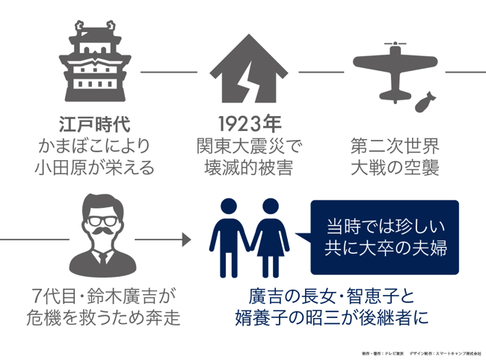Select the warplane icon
[x=393, y=66]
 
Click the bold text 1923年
[x=247, y=123]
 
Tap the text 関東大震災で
[x=247, y=144]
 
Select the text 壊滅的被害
[x=247, y=166]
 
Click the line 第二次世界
[x=395, y=144]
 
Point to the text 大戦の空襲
[x=395, y=166]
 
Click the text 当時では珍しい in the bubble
[x=385, y=225]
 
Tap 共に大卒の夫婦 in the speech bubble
[x=385, y=248]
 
